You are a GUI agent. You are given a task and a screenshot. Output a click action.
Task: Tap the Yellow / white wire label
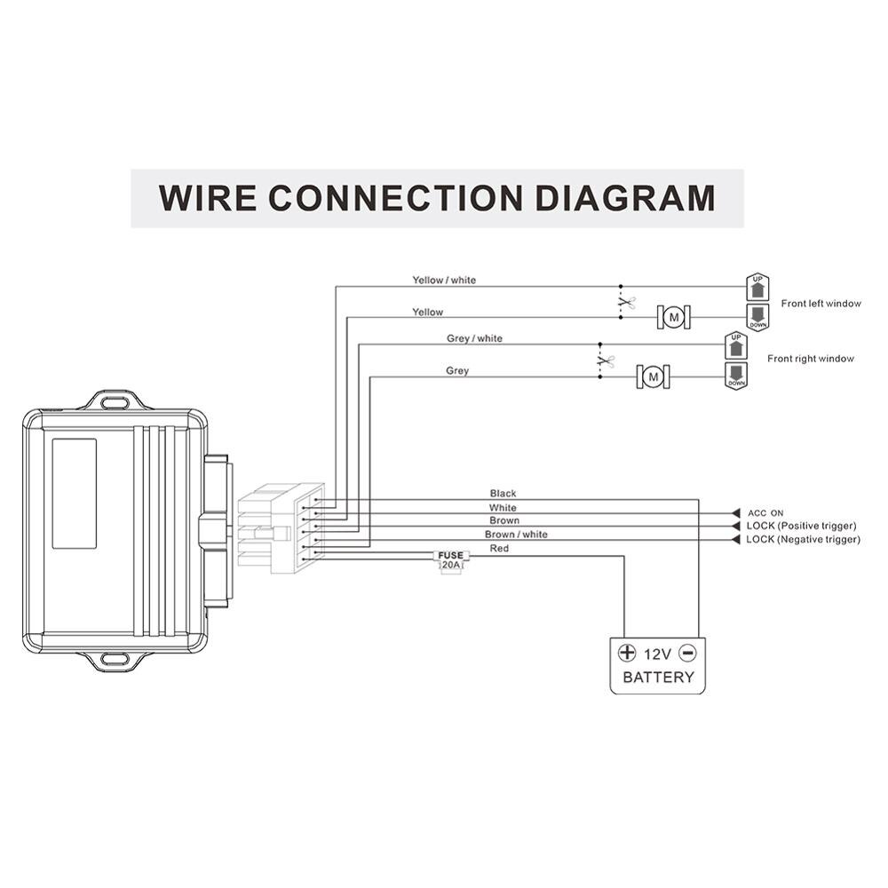pos(444,281)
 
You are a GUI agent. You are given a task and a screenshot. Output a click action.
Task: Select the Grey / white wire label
pos(474,339)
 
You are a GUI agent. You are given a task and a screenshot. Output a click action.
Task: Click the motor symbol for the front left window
pos(674,316)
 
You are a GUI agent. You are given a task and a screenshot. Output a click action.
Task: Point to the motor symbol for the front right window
pos(654,377)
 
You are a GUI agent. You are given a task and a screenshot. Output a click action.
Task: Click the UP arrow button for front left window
pos(757,286)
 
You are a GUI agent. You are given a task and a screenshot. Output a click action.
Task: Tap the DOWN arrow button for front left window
pos(757,317)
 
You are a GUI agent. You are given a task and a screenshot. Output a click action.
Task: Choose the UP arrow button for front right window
pos(736,344)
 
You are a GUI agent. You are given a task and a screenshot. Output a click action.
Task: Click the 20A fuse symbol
pos(451,559)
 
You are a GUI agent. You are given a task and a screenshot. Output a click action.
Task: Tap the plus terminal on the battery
pos(627,653)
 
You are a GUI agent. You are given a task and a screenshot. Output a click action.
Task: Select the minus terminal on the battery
pos(687,653)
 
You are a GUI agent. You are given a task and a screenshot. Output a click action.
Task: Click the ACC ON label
pos(765,513)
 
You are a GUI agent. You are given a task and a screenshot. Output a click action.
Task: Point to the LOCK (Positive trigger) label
pos(802,527)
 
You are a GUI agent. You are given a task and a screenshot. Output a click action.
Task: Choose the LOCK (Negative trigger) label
pos(803,539)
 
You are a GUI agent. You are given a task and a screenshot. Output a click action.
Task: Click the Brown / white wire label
pos(516,535)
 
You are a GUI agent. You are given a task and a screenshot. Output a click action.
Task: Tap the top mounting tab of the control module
pos(113,401)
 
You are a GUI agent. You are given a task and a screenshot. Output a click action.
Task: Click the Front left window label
pos(821,304)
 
